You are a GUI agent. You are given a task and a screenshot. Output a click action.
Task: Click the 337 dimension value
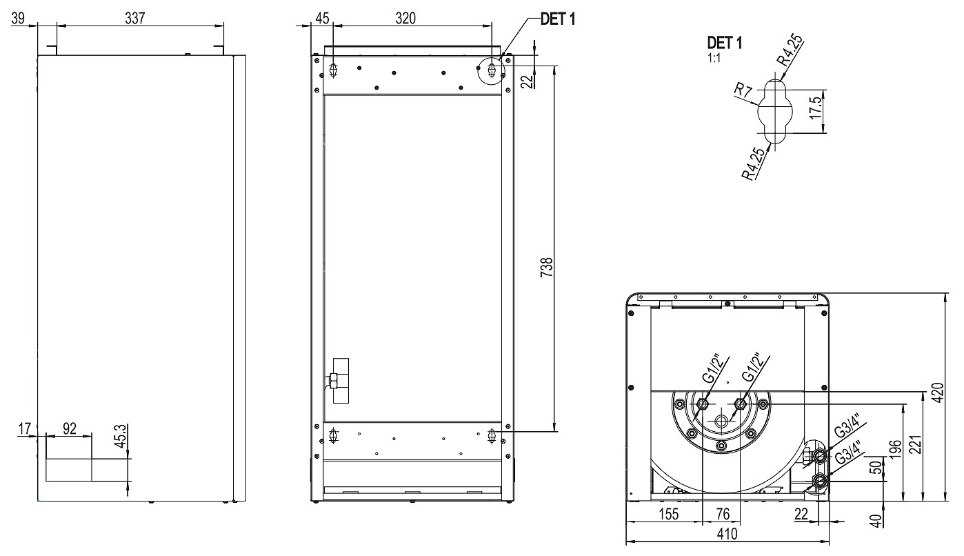pos(134,19)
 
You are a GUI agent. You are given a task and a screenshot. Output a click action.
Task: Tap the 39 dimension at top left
pos(18,19)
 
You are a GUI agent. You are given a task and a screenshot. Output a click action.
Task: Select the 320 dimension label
pos(405,19)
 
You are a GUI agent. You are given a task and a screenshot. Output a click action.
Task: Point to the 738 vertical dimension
pos(544,266)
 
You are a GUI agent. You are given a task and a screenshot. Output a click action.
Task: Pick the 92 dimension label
pos(69,428)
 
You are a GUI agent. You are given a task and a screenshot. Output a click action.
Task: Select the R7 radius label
pos(742,90)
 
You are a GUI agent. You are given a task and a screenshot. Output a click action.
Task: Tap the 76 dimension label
pos(721,514)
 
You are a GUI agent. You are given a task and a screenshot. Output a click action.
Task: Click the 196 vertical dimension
pos(894,452)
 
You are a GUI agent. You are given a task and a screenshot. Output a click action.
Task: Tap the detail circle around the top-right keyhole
pos(492,70)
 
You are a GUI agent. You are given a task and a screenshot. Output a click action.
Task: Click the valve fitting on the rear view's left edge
pos(335,380)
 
